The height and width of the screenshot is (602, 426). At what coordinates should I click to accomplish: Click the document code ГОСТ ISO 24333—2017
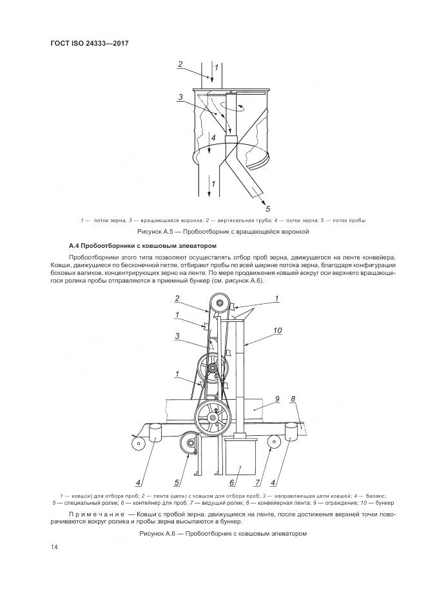click(x=89, y=44)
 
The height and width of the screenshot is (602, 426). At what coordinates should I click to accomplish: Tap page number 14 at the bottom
click(x=54, y=547)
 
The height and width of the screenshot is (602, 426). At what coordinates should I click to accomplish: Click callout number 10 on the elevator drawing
click(x=278, y=331)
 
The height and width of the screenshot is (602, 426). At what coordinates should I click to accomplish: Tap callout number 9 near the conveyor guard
click(x=276, y=399)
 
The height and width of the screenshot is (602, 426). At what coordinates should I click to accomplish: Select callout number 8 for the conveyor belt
click(x=293, y=400)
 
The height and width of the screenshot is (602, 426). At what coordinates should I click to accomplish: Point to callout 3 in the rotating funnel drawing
click(x=182, y=97)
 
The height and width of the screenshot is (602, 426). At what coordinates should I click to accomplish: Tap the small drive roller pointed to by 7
click(x=271, y=442)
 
